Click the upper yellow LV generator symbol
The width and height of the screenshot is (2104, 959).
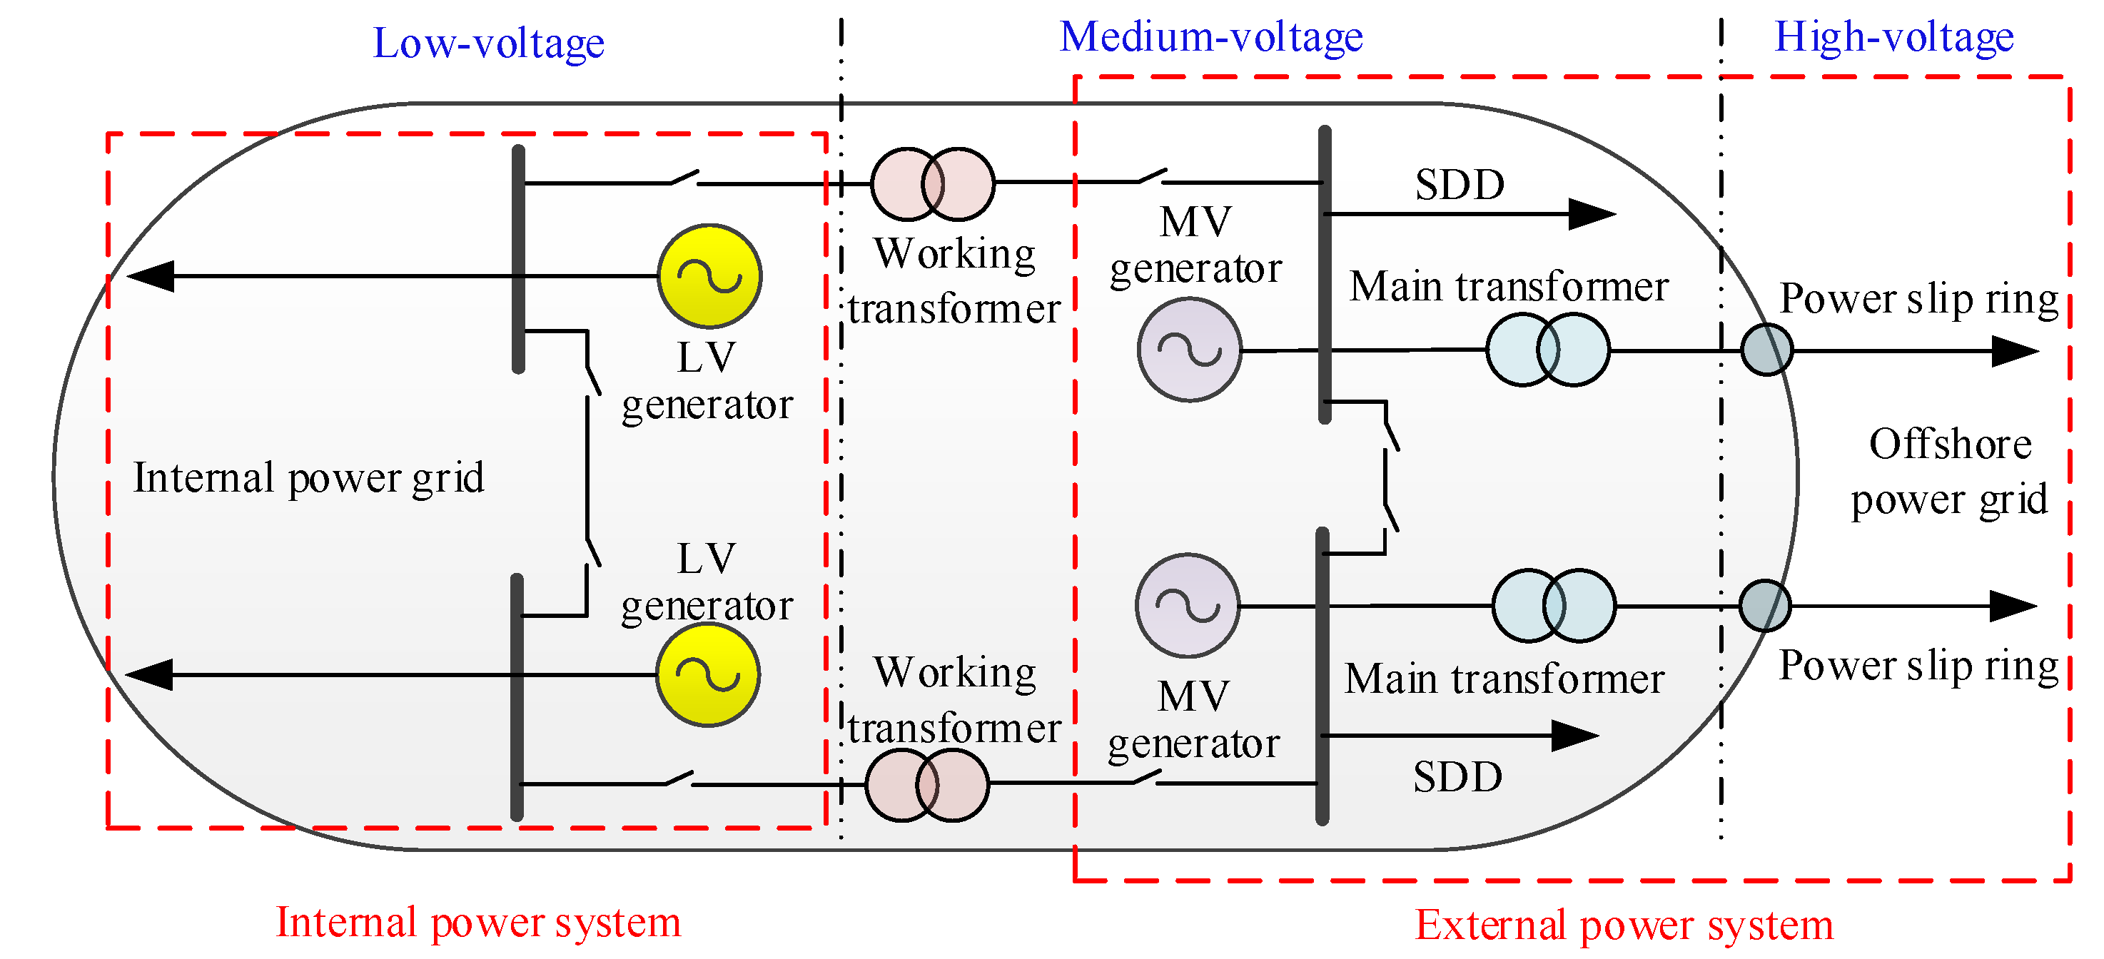pos(709,276)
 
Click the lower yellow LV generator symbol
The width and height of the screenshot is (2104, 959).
pos(707,675)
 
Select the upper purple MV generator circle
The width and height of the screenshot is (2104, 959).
pos(1189,350)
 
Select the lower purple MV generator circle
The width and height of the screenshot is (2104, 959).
pos(1188,605)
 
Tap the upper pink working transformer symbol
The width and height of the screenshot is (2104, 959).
pos(933,184)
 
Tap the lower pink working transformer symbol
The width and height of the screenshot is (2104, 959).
pos(927,785)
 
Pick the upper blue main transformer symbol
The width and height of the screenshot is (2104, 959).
pos(1547,350)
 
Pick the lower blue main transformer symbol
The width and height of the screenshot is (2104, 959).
pos(1554,605)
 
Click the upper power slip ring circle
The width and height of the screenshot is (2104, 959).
pos(1766,350)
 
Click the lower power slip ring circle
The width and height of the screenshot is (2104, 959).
pos(1765,605)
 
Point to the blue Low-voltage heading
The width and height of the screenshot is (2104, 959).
pos(488,43)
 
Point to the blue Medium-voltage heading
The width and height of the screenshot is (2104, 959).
pos(1211,37)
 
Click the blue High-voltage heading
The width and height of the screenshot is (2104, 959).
pos(1894,37)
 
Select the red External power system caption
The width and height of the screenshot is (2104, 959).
pos(1624,925)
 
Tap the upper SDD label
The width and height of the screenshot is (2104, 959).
pos(1460,185)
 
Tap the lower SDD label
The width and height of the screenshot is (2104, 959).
pos(1458,776)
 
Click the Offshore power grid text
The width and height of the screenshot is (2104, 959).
pos(1950,472)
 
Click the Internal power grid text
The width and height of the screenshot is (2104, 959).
pos(309,478)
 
